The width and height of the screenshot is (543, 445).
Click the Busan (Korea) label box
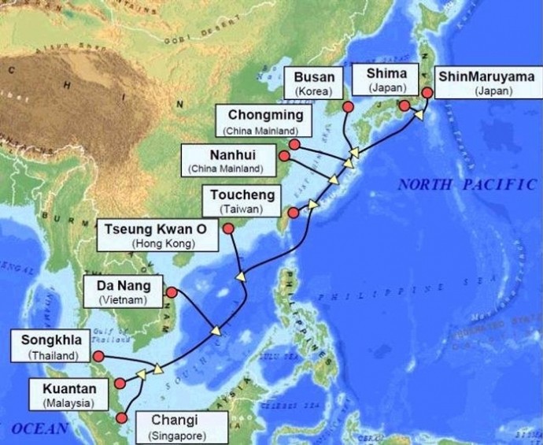point(315,83)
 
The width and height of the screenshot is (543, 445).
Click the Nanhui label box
point(227,160)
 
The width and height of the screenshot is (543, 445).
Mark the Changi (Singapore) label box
point(175,426)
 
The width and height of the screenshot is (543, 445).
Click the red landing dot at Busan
point(347,106)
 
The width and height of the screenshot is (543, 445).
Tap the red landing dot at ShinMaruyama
point(427,93)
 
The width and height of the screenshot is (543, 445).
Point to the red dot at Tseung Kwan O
point(228,229)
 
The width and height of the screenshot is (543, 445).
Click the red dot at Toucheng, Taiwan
point(294,213)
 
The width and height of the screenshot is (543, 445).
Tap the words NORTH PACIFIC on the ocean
point(467,185)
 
